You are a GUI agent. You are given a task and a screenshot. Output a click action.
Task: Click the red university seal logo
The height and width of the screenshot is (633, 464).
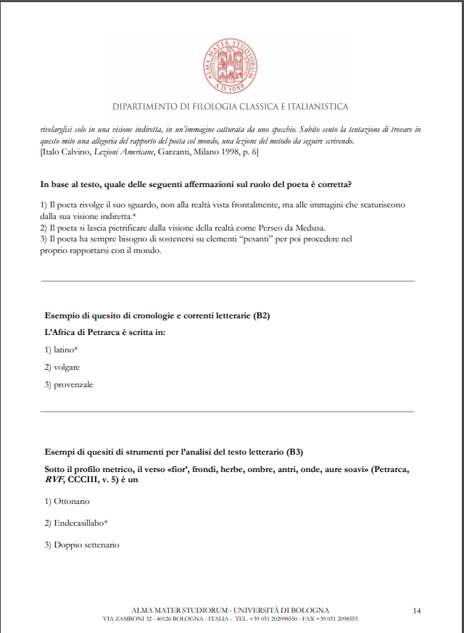click(x=231, y=62)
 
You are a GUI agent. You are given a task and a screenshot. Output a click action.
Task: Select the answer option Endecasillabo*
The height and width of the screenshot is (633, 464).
click(x=80, y=523)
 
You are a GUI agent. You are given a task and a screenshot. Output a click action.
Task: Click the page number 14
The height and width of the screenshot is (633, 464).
click(x=417, y=611)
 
